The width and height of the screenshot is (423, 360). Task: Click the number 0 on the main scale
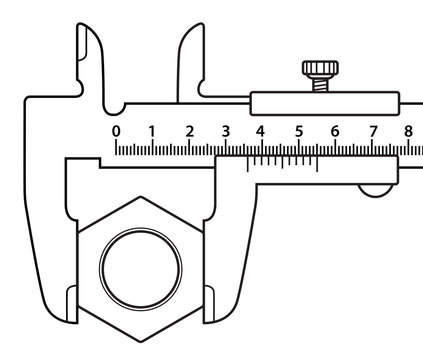(x=116, y=131)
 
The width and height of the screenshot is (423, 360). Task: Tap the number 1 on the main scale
(x=152, y=131)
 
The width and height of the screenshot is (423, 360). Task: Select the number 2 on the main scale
(x=189, y=131)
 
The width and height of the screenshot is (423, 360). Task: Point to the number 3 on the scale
(x=225, y=131)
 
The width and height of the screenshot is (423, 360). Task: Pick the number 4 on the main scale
(x=262, y=131)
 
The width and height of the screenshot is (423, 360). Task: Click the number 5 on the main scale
(x=299, y=131)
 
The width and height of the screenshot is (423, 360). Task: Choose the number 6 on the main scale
(x=335, y=131)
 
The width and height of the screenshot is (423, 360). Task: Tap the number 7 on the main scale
(x=372, y=131)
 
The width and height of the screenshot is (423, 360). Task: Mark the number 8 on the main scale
(x=408, y=131)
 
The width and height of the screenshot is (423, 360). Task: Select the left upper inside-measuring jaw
(x=91, y=60)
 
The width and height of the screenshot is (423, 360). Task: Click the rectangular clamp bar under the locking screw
(x=325, y=103)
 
